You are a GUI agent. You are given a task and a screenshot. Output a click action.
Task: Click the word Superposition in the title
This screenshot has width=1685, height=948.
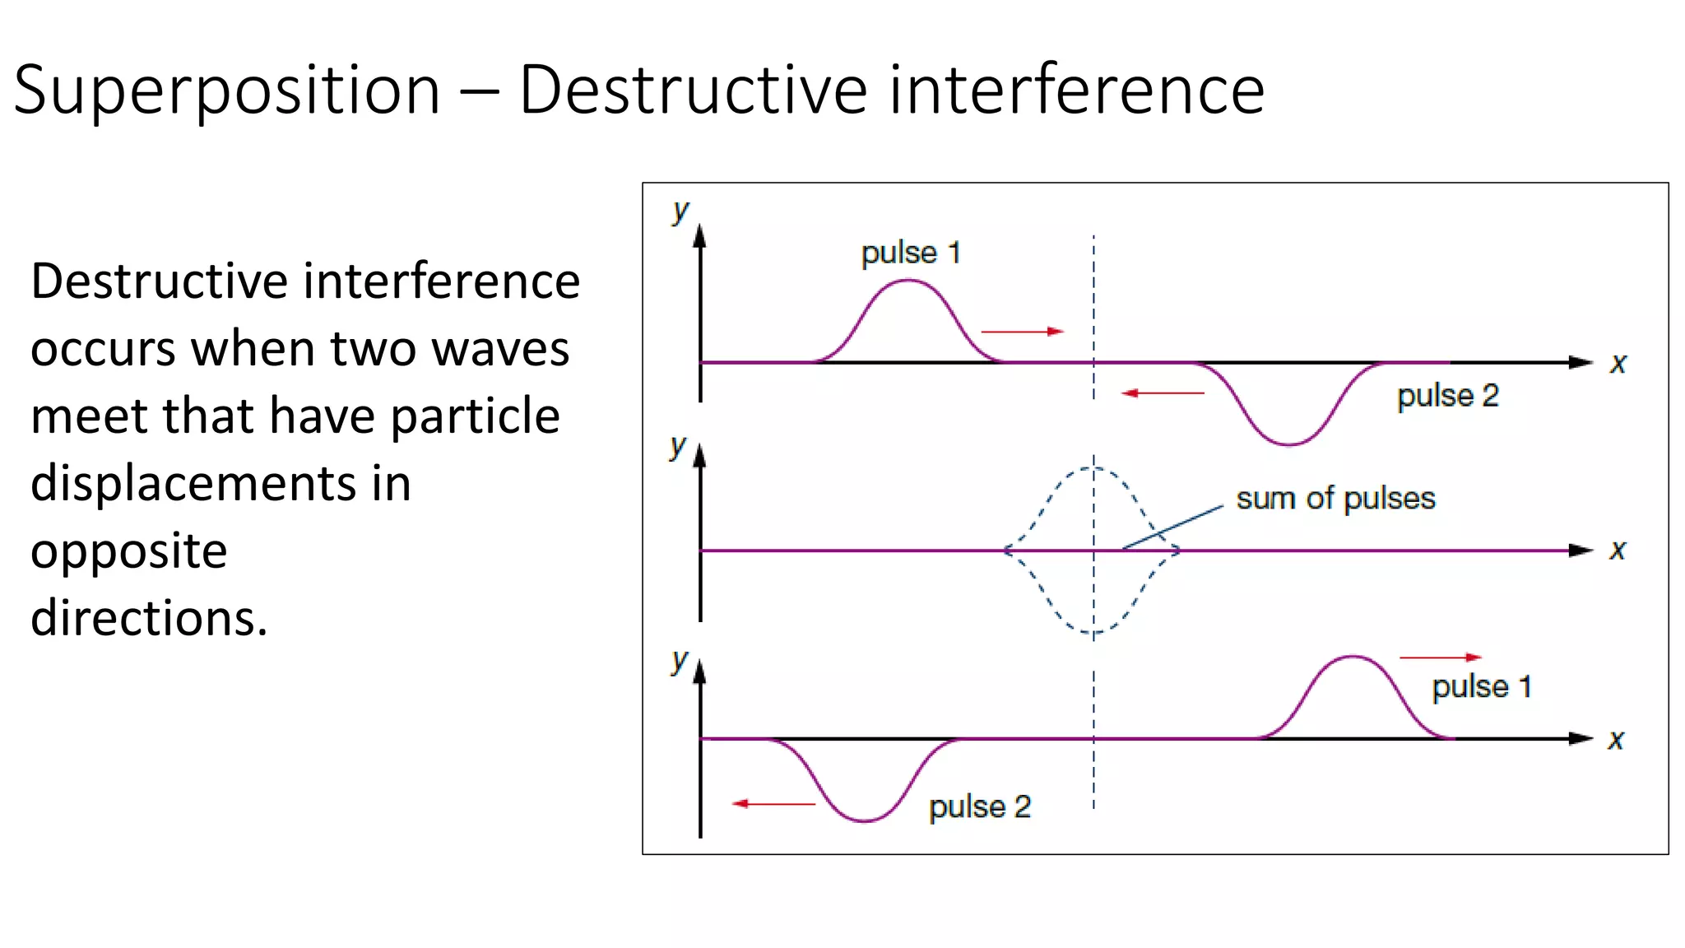tap(227, 91)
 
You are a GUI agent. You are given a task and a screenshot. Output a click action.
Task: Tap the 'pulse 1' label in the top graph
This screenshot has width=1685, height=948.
tap(911, 253)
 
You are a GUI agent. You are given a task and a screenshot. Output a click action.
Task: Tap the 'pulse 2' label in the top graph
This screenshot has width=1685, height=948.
tap(1448, 396)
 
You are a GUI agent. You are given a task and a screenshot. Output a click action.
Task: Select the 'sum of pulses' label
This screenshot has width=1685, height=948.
tap(1335, 499)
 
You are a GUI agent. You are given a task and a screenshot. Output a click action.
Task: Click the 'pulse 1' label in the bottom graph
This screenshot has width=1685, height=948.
tap(1482, 686)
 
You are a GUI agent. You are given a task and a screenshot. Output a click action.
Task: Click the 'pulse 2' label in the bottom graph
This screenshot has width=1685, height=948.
tap(980, 806)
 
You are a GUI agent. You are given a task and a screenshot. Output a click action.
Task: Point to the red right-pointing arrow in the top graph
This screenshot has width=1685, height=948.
tap(1023, 332)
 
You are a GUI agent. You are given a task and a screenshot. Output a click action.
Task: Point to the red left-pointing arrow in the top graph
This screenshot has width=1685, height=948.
tap(1163, 393)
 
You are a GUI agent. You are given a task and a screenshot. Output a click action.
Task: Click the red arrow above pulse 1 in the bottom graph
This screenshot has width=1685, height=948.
tap(1441, 658)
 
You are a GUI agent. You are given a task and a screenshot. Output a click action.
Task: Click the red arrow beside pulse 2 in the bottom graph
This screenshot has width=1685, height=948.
tap(773, 803)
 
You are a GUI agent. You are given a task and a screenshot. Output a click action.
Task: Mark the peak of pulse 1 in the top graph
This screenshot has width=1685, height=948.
tap(908, 281)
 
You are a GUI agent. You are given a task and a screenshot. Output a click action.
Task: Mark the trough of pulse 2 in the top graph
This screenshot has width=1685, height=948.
tap(1289, 444)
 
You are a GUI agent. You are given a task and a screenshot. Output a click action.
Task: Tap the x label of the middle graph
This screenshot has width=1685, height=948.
tap(1618, 550)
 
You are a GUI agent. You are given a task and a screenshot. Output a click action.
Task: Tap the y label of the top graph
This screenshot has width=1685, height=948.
tap(680, 211)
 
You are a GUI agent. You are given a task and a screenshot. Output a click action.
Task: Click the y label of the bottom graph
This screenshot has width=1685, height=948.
tap(679, 660)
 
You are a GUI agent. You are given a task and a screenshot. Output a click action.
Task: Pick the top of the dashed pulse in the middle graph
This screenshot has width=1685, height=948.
tap(1093, 467)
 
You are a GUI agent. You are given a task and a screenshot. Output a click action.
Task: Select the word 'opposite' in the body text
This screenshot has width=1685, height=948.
tap(129, 551)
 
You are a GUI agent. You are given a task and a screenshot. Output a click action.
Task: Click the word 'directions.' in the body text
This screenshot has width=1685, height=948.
tap(149, 618)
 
